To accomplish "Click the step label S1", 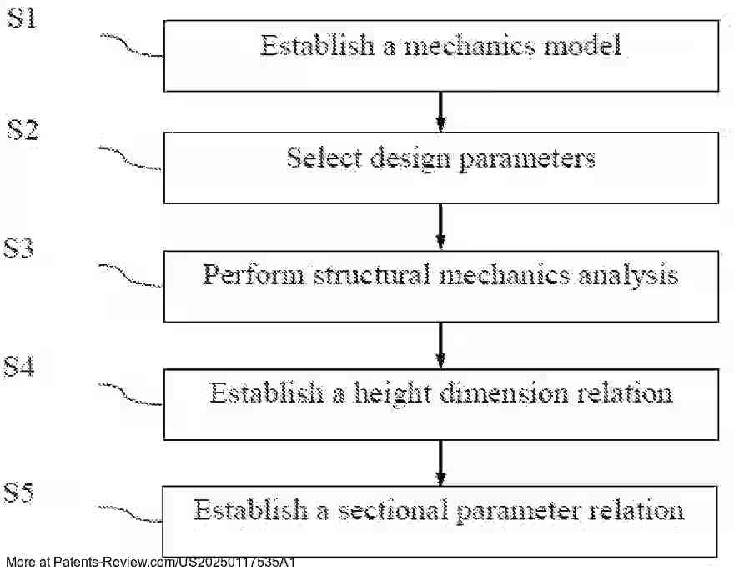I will click(x=22, y=18).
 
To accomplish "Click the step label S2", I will click(x=23, y=130).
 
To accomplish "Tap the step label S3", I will click(x=19, y=248).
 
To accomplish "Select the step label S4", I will click(x=19, y=366).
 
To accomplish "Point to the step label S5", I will click(x=19, y=493).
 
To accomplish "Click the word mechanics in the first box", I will click(x=470, y=45).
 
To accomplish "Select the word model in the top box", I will click(x=582, y=45).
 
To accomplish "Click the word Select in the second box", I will click(x=317, y=158).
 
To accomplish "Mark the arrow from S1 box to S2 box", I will click(x=440, y=111).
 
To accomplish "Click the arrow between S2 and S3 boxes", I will click(x=440, y=227).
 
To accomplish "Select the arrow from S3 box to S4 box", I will click(x=440, y=345).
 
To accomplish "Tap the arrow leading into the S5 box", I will click(x=440, y=463).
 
